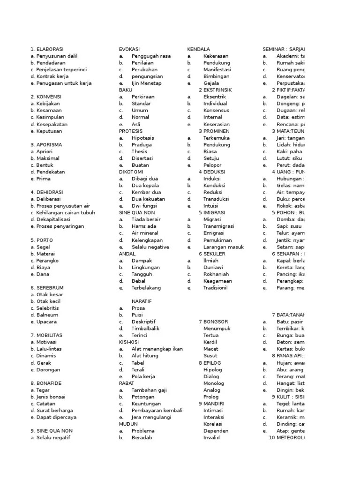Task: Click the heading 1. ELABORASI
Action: pyautogui.click(x=47, y=49)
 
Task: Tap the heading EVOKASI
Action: pyautogui.click(x=129, y=49)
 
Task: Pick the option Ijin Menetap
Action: pyautogui.click(x=146, y=83)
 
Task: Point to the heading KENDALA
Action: pyautogui.click(x=198, y=49)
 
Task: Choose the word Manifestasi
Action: pyautogui.click(x=216, y=69)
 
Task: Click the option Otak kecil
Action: pyautogui.click(x=49, y=301)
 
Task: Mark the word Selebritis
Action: pyautogui.click(x=50, y=308)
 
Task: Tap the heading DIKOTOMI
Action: pyautogui.click(x=131, y=172)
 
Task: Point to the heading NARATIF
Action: pyautogui.click(x=142, y=301)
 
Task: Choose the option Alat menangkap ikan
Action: pyautogui.click(x=157, y=349)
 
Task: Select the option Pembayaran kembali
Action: pyautogui.click(x=157, y=410)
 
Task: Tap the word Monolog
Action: pyautogui.click(x=214, y=383)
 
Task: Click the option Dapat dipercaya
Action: pyautogui.click(x=56, y=417)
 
